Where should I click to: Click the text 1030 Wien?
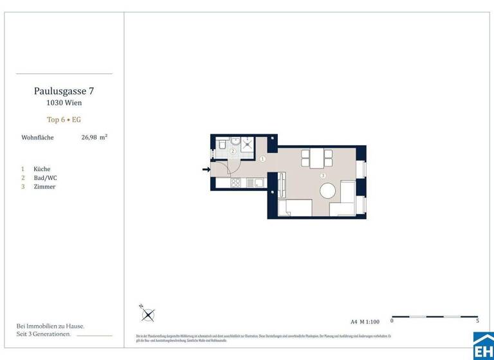pyautogui.click(x=64, y=103)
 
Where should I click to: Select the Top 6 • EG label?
pyautogui.click(x=64, y=120)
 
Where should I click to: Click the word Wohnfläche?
pyautogui.click(x=37, y=138)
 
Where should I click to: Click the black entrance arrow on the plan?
pyautogui.click(x=206, y=170)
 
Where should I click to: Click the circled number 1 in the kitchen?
pyautogui.click(x=262, y=159)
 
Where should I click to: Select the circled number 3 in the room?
pyautogui.click(x=323, y=175)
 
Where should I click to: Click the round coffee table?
pyautogui.click(x=329, y=191)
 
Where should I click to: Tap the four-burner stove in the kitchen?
pyautogui.click(x=235, y=183)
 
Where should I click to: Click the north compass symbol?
pyautogui.click(x=149, y=315)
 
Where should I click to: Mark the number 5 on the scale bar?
pyautogui.click(x=477, y=321)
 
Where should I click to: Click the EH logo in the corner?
pyautogui.click(x=483, y=346)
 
